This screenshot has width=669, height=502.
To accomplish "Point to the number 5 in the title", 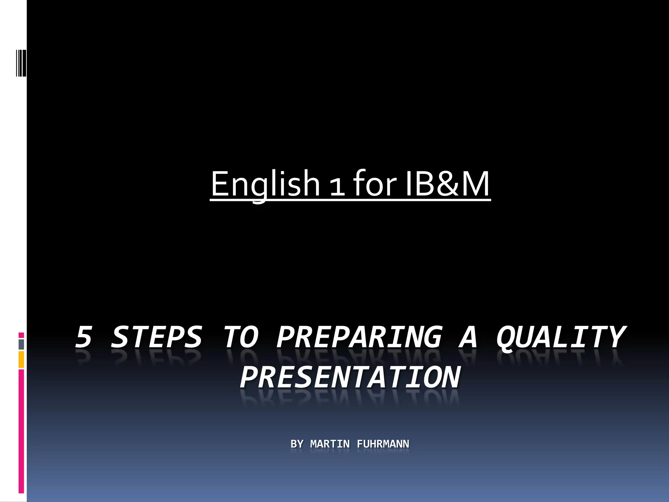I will tap(84, 337).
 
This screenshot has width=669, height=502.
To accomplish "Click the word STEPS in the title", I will tap(156, 337).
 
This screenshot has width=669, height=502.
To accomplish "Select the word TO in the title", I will tap(241, 337).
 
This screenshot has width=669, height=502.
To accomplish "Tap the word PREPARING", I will tap(359, 337).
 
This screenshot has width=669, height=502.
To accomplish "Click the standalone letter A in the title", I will tap(468, 337).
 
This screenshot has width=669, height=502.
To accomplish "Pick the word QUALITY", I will tap(561, 337).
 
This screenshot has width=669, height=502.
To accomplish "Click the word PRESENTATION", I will tap(350, 377).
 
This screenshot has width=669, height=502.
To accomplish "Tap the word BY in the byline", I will tap(297, 444).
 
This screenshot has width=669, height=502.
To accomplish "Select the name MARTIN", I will tap(330, 444).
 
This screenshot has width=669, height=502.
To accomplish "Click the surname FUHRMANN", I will tap(383, 444).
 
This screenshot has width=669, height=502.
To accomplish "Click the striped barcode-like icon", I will tap(21, 62).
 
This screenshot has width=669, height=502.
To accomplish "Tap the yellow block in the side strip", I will tap(21, 360).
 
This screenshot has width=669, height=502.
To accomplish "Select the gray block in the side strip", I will tap(21, 344).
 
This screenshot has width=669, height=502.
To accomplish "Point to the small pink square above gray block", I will tap(21, 335).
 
